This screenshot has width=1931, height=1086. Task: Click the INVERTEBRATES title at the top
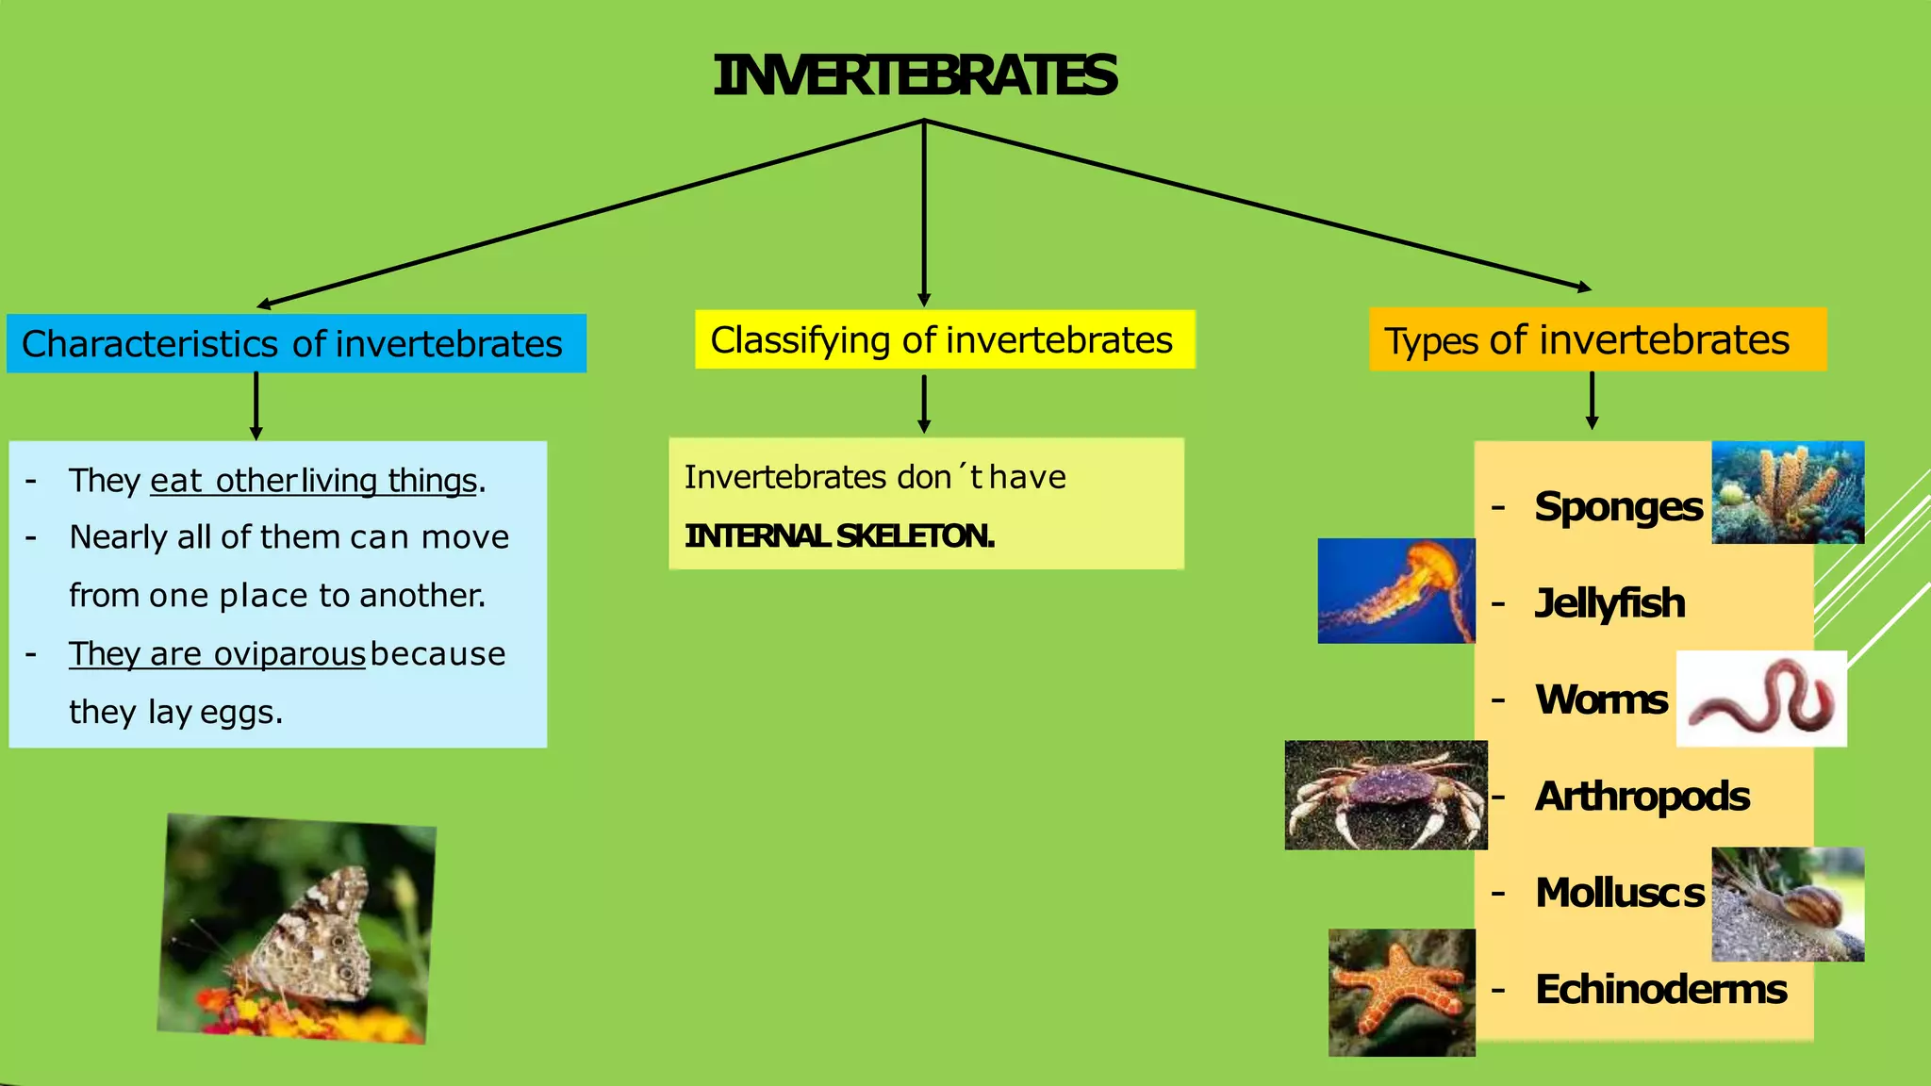click(915, 76)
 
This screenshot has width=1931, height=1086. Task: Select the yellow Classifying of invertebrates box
click(944, 339)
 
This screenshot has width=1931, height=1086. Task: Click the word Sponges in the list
click(1618, 507)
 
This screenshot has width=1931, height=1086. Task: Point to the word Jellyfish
click(1609, 603)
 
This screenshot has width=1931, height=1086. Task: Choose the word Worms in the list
click(1601, 699)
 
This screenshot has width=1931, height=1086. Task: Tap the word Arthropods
click(1642, 797)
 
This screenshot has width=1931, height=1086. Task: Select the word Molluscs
click(1619, 893)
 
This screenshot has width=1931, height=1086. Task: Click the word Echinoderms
click(1660, 990)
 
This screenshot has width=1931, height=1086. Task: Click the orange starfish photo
click(1401, 992)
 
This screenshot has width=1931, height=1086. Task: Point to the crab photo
click(1385, 795)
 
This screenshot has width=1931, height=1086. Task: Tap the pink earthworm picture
click(1760, 699)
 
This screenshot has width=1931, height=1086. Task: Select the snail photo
click(1788, 904)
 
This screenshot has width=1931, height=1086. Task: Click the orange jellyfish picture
click(1396, 591)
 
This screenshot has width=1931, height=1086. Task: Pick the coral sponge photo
click(1788, 492)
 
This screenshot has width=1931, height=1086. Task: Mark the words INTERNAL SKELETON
click(839, 536)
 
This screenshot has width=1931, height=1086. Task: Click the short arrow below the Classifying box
click(924, 403)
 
